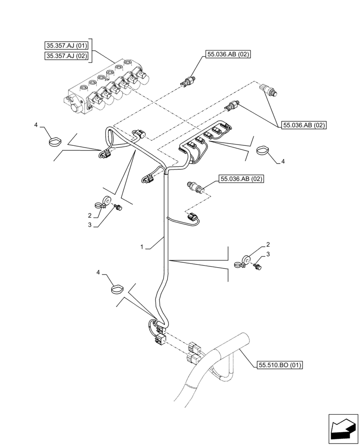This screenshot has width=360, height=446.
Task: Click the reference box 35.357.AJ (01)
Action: pos(67,45)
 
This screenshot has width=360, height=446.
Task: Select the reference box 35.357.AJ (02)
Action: pos(67,56)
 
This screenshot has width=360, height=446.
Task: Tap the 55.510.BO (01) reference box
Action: pos(280,365)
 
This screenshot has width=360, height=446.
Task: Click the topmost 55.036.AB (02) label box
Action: pos(228,54)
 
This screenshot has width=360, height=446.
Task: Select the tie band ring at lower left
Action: pos(117,289)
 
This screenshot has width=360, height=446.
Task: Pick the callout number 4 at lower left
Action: pos(98,272)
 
